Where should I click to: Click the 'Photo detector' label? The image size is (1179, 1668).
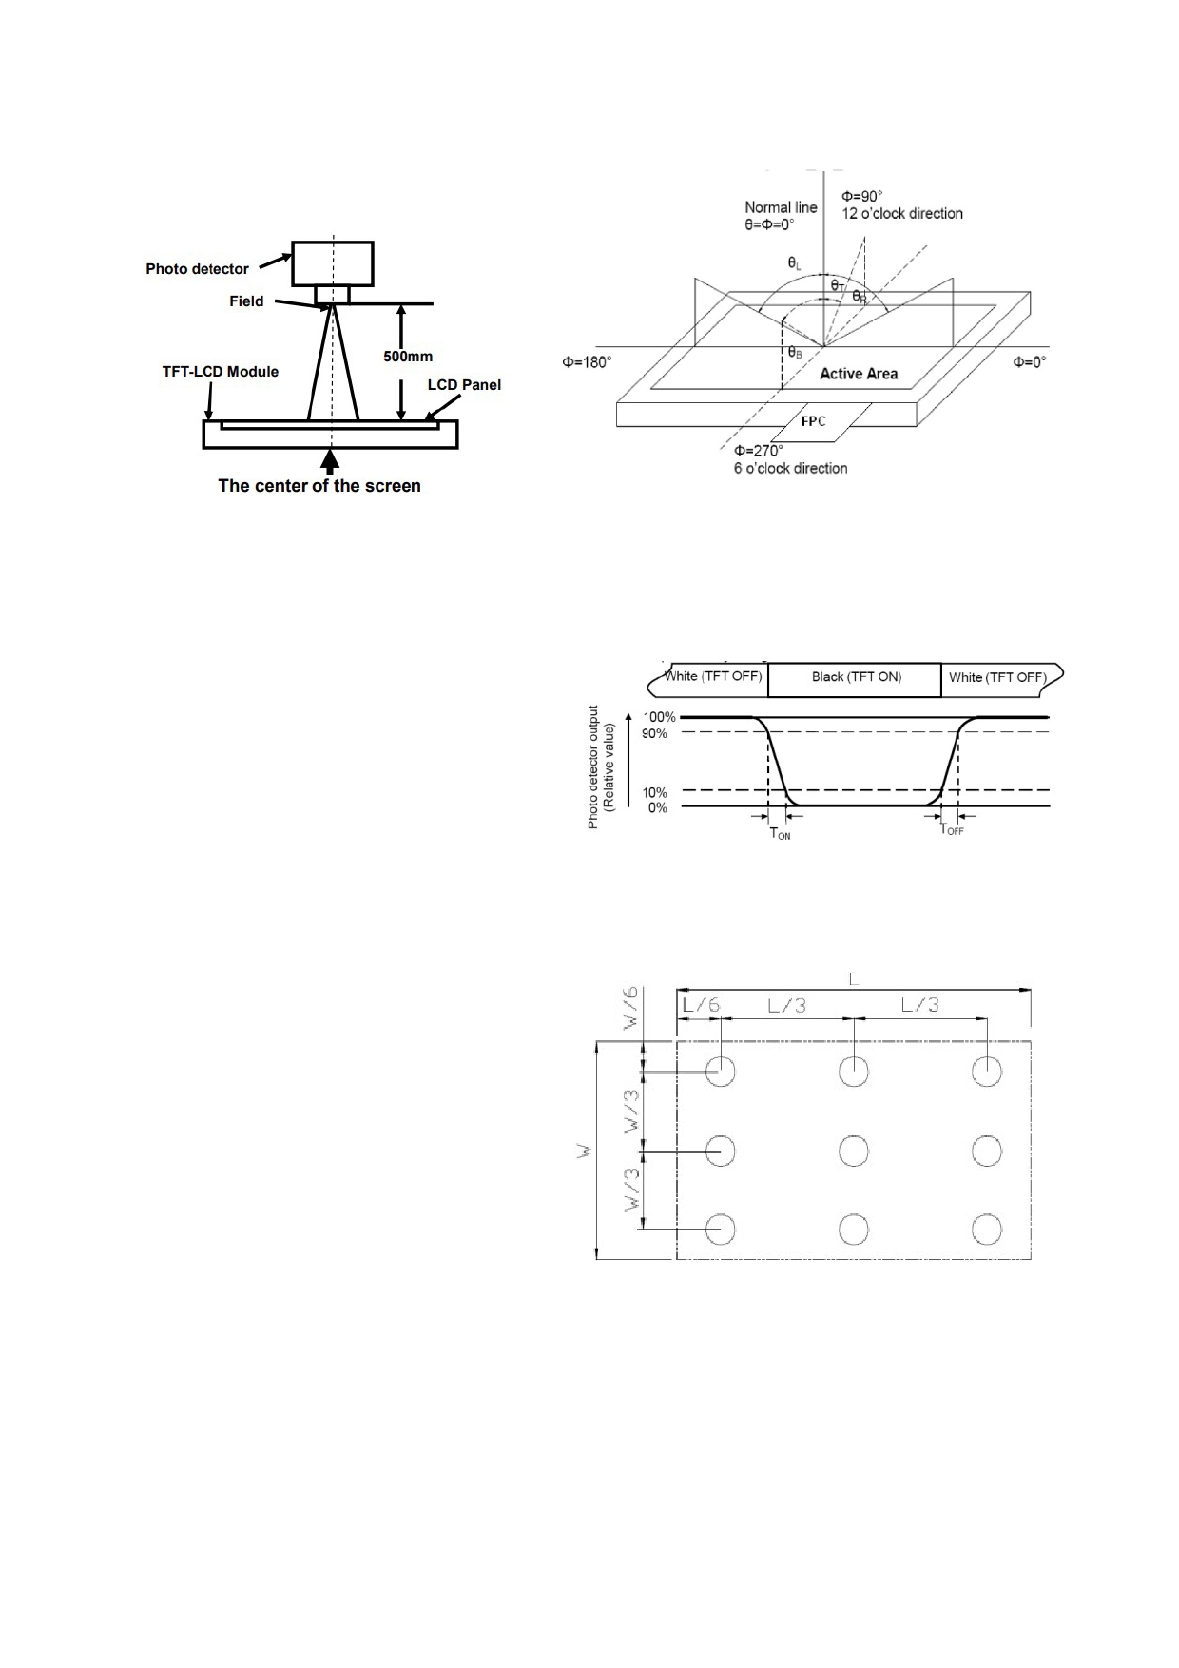[197, 269]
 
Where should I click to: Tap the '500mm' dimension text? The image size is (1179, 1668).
[408, 357]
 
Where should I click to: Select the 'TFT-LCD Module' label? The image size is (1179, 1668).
[221, 372]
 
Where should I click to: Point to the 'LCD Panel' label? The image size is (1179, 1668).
[464, 385]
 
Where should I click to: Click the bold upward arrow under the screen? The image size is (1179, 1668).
[330, 461]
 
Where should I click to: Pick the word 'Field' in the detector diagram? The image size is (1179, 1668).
[246, 301]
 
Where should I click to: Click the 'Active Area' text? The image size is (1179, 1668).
[859, 374]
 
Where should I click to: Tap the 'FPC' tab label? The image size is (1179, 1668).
[813, 421]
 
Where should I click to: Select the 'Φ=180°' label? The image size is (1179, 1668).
[587, 362]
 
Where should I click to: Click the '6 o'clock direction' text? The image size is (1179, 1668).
[790, 468]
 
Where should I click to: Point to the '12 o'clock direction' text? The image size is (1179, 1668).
[902, 214]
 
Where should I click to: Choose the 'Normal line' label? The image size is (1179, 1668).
[781, 207]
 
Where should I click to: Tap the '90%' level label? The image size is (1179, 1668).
[656, 733]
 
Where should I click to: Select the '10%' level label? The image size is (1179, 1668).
[655, 792]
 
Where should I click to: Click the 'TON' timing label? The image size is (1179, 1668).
[780, 834]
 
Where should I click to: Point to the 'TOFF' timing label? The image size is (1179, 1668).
[952, 829]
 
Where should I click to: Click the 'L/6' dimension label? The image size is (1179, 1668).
[701, 1004]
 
